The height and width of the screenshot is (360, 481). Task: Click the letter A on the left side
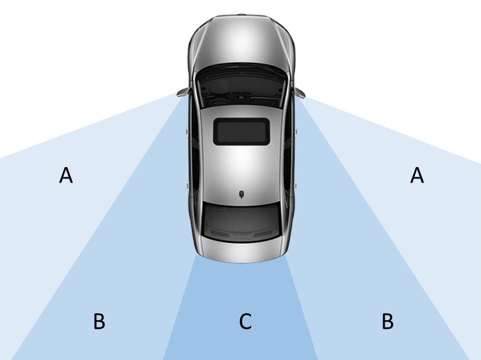[x=66, y=175]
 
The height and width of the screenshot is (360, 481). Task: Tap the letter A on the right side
[x=417, y=175]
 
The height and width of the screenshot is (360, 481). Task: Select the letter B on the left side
[x=99, y=321]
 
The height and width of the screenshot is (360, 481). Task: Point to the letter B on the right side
[x=388, y=321]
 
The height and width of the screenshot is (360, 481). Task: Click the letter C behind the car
[x=245, y=321]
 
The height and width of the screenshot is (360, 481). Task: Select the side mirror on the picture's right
[x=300, y=92]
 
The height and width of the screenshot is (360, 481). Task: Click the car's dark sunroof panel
[x=241, y=131]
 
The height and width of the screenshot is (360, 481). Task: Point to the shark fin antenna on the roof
[x=242, y=194]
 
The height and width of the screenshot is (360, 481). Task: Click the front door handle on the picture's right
[x=296, y=131]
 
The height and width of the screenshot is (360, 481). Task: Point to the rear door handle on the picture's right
[x=296, y=185]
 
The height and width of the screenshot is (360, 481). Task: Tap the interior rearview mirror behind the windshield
[x=241, y=97]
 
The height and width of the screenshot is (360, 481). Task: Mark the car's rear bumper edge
[x=241, y=260]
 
